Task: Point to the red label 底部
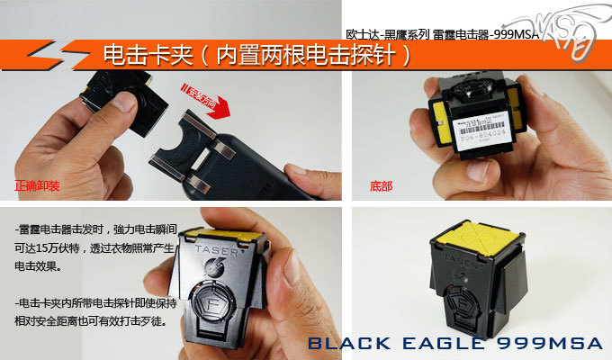381,189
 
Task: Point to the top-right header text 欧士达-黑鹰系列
387,31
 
